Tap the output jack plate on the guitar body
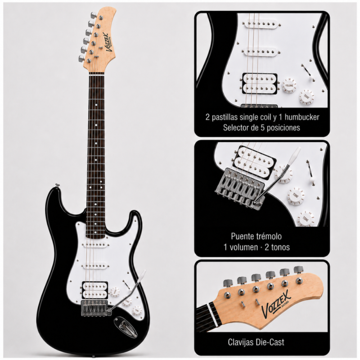pos(126,327)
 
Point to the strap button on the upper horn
pos(57,185)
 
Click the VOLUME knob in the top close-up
pos(289,85)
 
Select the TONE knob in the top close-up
pos(306,97)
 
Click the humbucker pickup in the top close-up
pos(260,84)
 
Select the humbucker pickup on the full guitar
pos(95,290)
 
